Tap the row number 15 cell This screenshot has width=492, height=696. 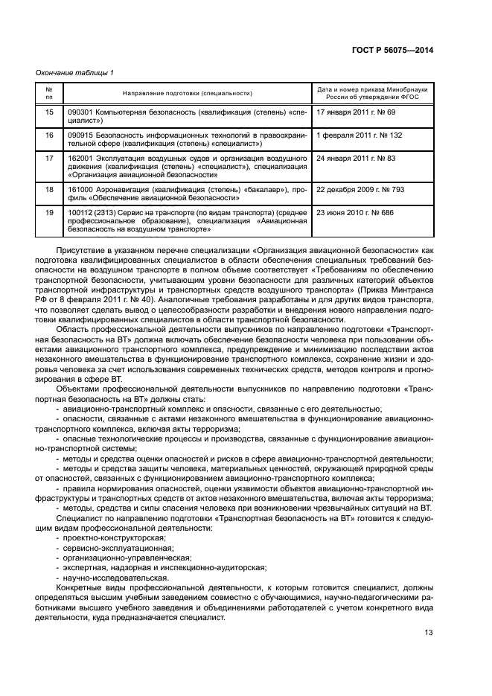coord(50,112)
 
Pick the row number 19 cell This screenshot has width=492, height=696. coord(50,213)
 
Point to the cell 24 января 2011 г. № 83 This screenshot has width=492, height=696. coord(356,159)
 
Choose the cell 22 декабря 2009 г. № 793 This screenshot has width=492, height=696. coord(360,190)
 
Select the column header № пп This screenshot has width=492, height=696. coord(50,93)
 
